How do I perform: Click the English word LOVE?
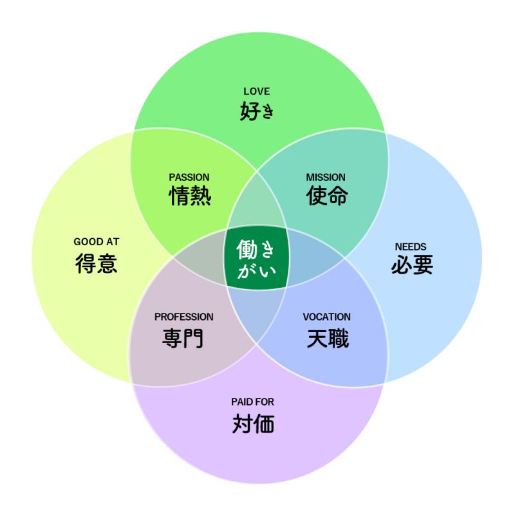click(257, 91)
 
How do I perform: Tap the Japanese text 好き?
click(257, 111)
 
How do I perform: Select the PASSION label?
click(189, 177)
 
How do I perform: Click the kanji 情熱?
click(190, 196)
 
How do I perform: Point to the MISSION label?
click(326, 177)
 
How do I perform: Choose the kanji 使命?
click(327, 196)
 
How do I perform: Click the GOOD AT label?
click(97, 242)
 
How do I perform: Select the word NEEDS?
click(411, 247)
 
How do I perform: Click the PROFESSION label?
click(184, 317)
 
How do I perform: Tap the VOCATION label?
click(327, 317)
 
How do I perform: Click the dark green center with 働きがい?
click(257, 257)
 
